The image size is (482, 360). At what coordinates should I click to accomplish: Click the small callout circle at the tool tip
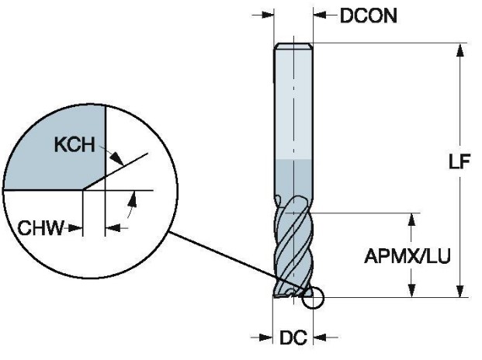coord(314,299)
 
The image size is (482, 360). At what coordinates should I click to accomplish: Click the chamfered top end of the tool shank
coord(294,46)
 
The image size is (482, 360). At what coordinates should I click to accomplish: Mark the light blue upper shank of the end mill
coord(294,109)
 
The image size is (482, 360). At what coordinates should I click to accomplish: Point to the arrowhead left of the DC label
coord(266,337)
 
